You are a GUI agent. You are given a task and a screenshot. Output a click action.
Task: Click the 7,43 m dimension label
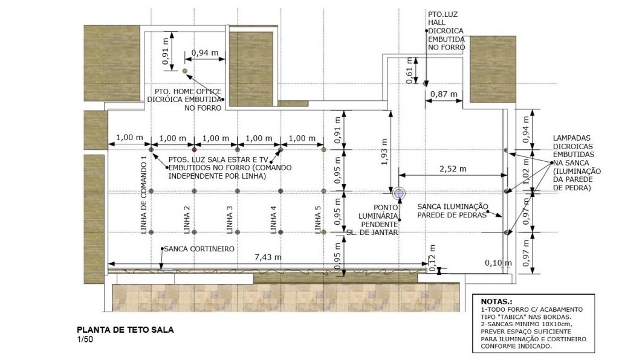(x=268, y=257)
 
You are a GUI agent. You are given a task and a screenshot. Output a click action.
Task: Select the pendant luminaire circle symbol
(x=399, y=193)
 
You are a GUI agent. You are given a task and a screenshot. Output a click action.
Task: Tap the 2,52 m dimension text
(x=453, y=169)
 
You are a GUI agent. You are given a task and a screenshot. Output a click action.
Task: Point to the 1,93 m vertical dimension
(x=384, y=152)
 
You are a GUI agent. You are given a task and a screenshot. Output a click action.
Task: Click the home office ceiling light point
(x=185, y=71)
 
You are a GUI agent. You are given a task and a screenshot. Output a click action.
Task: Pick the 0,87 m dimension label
(x=444, y=94)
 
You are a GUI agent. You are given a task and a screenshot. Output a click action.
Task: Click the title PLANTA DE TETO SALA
(x=125, y=330)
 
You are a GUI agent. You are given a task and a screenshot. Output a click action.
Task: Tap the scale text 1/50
(x=85, y=339)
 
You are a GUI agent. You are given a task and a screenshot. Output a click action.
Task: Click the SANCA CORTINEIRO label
(x=199, y=249)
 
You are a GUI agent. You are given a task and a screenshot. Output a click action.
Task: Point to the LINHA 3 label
(x=230, y=220)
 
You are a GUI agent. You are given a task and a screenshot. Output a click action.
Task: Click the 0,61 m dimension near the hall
(x=410, y=70)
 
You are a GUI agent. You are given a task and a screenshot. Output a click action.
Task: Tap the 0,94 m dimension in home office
(x=205, y=53)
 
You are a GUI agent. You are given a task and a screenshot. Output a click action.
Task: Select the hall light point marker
(x=425, y=83)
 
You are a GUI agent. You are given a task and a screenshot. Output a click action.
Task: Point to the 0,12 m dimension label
(x=433, y=258)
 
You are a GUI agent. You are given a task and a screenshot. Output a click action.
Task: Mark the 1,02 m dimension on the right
(x=525, y=171)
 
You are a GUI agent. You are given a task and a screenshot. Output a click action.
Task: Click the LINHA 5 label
(x=318, y=220)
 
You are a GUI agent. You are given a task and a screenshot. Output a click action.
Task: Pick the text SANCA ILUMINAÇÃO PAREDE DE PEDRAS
(x=453, y=211)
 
